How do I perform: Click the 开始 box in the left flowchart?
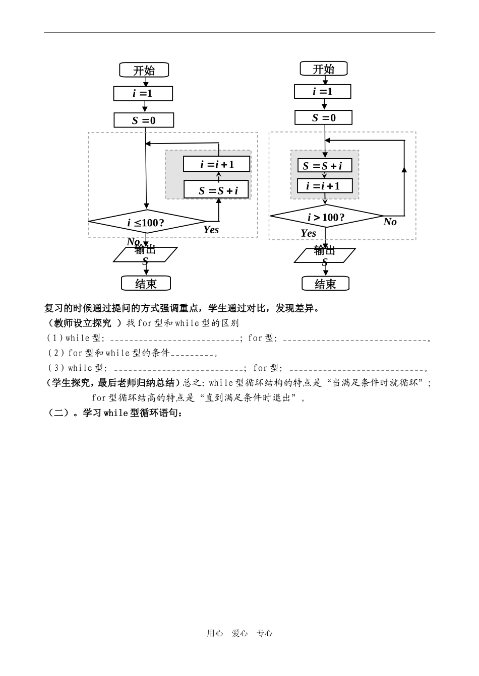144,70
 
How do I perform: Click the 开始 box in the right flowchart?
324,69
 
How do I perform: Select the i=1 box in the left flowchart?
143,94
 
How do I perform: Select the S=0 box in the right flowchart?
324,118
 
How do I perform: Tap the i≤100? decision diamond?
147,222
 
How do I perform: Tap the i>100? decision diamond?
327,217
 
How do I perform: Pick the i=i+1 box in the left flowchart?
217,164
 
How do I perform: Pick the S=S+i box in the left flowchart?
217,190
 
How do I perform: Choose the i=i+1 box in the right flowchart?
325,186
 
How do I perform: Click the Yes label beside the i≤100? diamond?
211,230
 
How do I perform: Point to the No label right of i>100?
390,222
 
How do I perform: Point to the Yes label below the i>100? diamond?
308,233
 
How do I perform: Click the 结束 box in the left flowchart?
146,284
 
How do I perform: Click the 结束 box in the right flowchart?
325,284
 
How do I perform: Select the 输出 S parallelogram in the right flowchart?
325,255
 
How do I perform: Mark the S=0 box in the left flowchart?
144,120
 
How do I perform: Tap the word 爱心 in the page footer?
239,634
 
